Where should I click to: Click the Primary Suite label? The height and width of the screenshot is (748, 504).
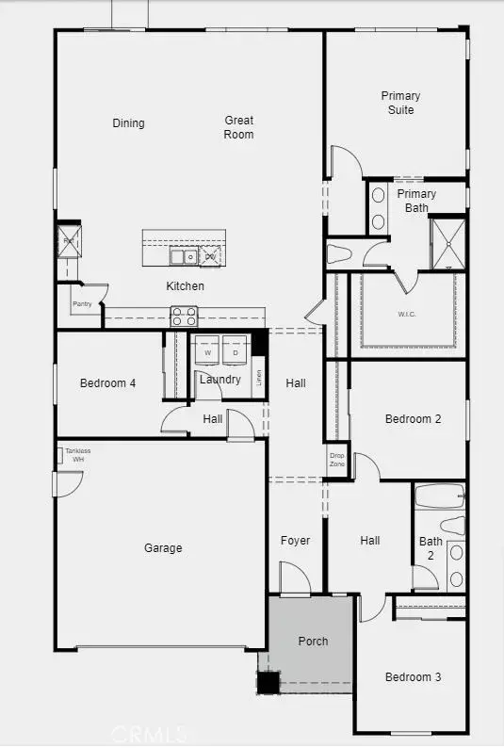point(400,103)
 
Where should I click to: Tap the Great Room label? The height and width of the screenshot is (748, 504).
point(239,126)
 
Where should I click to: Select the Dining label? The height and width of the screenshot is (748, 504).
point(128,122)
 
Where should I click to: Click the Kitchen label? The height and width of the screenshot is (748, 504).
point(185,285)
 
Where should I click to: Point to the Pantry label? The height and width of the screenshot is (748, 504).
point(82,304)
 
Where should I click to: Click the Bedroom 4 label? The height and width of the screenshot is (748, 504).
point(107,382)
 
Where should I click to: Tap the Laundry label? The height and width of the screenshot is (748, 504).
point(219,380)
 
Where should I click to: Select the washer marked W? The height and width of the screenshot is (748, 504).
point(206,352)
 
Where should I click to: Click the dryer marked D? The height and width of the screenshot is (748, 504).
point(235,352)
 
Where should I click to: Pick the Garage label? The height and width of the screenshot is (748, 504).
point(163,547)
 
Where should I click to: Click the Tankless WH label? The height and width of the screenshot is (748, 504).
point(78,455)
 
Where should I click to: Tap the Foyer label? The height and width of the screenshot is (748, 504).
point(295,541)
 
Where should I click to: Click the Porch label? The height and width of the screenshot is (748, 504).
point(313,641)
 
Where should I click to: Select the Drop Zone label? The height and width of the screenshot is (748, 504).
point(336,460)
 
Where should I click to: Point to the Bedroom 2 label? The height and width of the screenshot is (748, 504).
point(413,419)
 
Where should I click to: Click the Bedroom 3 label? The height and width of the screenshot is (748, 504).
point(413,676)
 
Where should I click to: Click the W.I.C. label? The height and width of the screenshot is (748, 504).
point(407,314)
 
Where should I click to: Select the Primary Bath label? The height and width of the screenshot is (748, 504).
point(415,200)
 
